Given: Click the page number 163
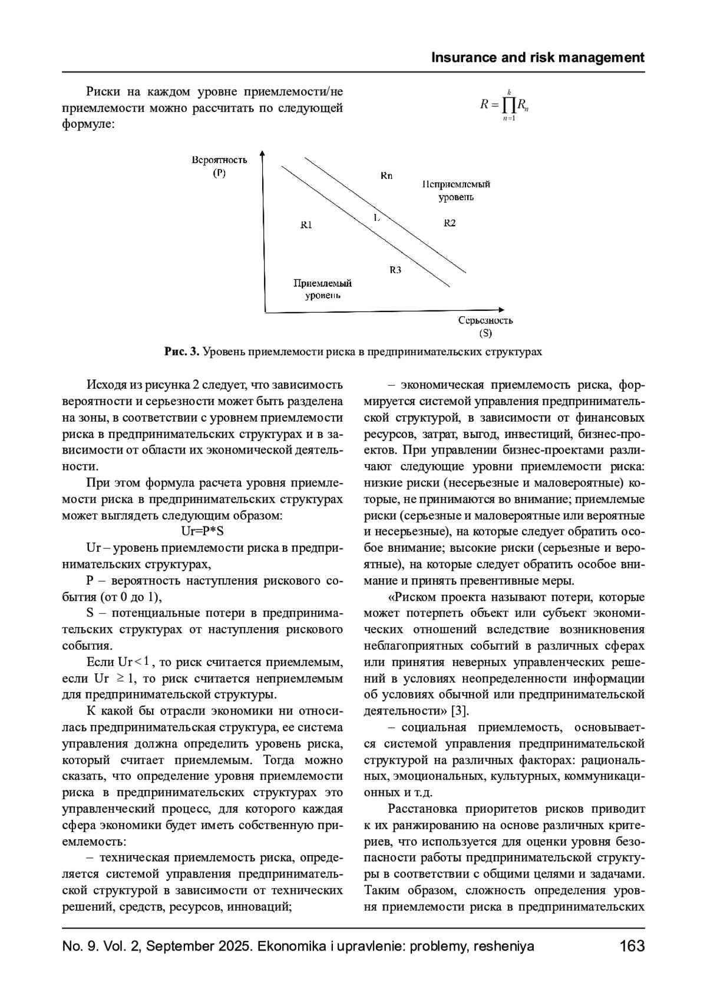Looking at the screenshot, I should pos(632,946).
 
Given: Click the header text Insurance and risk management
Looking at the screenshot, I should pos(538,58).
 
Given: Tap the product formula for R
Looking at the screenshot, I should pos(505,105).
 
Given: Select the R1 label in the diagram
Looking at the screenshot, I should pos(306,224).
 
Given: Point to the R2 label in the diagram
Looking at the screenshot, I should pos(450,223).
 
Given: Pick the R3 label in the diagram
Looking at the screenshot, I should pos(395,270).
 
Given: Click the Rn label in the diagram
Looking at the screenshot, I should pos(386,176).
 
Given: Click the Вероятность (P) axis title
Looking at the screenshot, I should pos(219,166).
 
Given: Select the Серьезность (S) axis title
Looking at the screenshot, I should pos(485,326).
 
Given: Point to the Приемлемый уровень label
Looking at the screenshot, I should pos(322,289).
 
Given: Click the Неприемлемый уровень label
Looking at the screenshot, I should pos(456,190).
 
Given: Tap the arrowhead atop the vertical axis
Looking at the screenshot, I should pos(263,154).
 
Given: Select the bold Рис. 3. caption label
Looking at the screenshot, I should pos(182,352).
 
